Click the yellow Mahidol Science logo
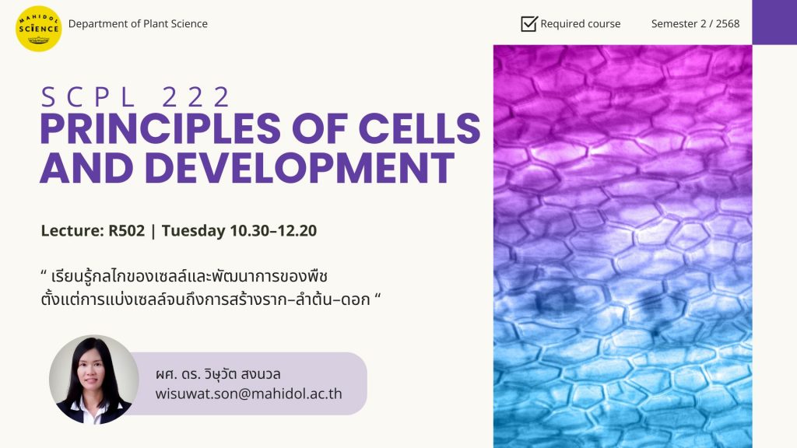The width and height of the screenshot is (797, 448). click(x=39, y=29)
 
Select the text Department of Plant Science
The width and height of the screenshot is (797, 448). click(x=138, y=24)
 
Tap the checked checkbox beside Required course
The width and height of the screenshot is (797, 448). click(x=529, y=23)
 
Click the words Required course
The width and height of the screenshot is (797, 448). click(x=581, y=24)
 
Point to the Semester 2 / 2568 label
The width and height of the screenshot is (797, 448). click(x=695, y=24)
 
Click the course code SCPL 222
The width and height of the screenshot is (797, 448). click(x=135, y=97)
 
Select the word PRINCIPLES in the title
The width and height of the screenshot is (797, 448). click(x=160, y=128)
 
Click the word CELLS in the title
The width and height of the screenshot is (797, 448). click(x=420, y=128)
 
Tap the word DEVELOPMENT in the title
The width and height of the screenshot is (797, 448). click(x=300, y=168)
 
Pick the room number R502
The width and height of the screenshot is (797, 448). click(x=127, y=230)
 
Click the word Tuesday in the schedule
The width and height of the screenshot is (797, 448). click(x=194, y=231)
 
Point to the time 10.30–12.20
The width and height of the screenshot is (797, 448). click(x=273, y=230)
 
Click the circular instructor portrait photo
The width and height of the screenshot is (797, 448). click(x=94, y=380)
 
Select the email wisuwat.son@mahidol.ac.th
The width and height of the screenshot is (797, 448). click(x=248, y=394)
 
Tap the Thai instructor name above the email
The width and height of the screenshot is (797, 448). click(x=218, y=374)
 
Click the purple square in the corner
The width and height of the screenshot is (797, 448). click(x=774, y=23)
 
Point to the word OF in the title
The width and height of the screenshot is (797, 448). click(x=319, y=128)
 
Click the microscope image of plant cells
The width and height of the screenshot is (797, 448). click(x=623, y=247)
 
